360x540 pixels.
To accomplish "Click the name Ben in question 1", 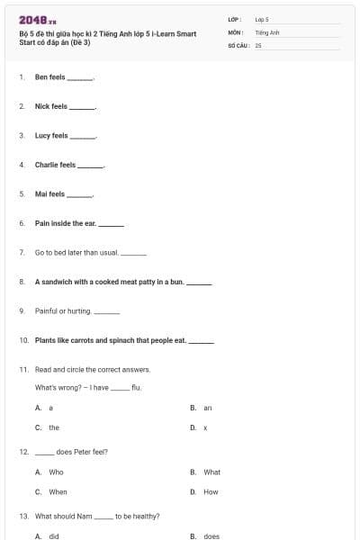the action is click(x=40, y=77).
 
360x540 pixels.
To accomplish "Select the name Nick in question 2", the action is click(x=41, y=106).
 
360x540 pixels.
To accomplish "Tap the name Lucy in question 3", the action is click(x=42, y=136).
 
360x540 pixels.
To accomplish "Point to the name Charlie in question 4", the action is click(x=47, y=165).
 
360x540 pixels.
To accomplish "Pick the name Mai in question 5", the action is click(x=40, y=193).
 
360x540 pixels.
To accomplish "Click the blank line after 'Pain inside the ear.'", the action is click(x=111, y=224).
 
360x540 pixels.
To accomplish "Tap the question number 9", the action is click(x=22, y=310).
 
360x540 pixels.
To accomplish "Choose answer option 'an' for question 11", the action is click(x=207, y=408).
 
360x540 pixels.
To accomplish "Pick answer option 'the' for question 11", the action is click(x=54, y=427).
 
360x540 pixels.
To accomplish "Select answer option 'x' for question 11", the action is click(x=205, y=427).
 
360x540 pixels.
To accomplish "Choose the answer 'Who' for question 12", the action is click(x=56, y=472).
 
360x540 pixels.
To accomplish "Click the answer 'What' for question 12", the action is click(x=211, y=472).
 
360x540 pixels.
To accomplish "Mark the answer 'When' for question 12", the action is click(x=58, y=492).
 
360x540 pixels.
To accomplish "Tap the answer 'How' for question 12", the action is click(x=211, y=492).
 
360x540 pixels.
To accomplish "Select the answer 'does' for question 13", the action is click(x=211, y=536).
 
